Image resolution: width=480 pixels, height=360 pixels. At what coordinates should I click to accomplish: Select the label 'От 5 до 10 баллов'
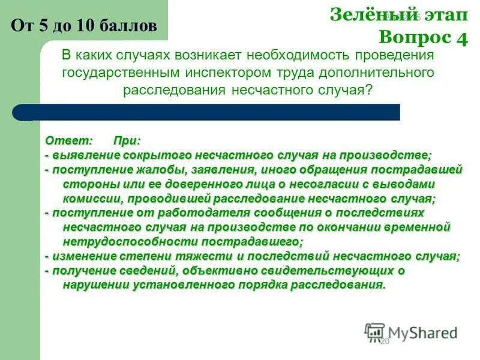pyautogui.click(x=85, y=25)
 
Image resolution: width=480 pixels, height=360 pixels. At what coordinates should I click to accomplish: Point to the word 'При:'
pyautogui.click(x=127, y=140)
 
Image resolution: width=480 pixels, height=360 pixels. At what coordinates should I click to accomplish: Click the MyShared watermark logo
pyautogui.click(x=411, y=332)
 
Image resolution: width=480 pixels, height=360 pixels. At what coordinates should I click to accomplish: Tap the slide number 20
pyautogui.click(x=385, y=341)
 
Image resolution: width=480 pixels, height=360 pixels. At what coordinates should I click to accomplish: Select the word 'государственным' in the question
pyautogui.click(x=113, y=73)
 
